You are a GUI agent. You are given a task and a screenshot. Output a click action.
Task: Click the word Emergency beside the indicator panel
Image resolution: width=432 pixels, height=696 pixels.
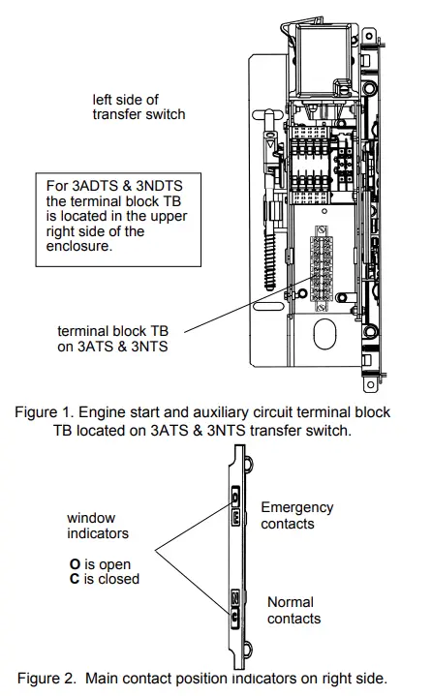point(297,508)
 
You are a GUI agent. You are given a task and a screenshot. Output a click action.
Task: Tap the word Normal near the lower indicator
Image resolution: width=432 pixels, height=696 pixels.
point(291,602)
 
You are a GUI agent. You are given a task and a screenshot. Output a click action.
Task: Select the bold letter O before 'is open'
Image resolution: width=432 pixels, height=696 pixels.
point(75,564)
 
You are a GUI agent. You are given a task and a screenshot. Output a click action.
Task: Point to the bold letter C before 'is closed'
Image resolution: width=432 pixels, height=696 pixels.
point(75,579)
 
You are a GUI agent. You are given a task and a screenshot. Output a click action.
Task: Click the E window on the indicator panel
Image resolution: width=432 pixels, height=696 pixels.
point(235,517)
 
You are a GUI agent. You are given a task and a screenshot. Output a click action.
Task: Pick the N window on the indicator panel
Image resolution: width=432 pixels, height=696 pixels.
point(234,599)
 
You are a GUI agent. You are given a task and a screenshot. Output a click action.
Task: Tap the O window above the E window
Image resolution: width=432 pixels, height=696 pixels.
point(235,496)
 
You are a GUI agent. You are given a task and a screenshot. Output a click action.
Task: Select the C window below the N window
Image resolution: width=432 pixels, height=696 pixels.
point(234,617)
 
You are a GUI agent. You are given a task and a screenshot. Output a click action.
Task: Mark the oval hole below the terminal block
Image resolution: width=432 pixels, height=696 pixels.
point(324,333)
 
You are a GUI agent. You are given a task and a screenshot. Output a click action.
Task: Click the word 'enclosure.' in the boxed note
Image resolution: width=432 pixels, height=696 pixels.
point(79,246)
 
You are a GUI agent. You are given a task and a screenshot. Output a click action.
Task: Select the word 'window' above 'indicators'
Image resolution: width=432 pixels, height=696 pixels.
point(91,518)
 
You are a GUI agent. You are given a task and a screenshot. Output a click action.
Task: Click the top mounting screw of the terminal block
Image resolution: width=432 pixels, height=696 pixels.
point(322,230)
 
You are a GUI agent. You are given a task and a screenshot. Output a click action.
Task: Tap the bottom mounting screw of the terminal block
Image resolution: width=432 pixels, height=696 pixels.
point(321,307)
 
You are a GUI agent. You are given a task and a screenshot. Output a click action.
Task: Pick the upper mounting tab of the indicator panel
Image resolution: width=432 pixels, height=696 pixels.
point(249,464)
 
